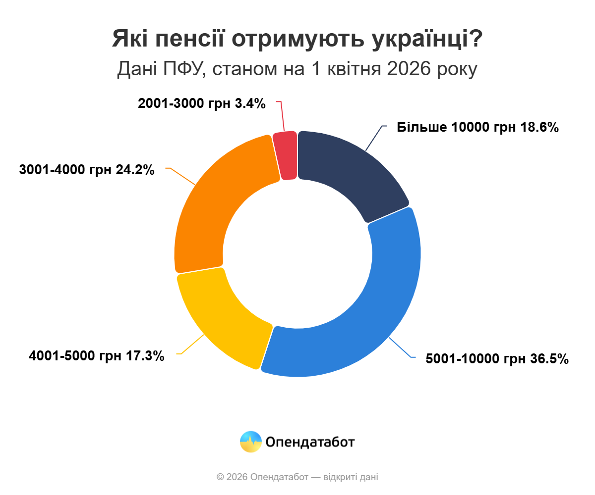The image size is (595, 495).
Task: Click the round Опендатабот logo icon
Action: pyautogui.click(x=251, y=442)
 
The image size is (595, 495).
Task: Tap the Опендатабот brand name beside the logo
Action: pyautogui.click(x=310, y=442)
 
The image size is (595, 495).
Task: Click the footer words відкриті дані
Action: pyautogui.click(x=351, y=477)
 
